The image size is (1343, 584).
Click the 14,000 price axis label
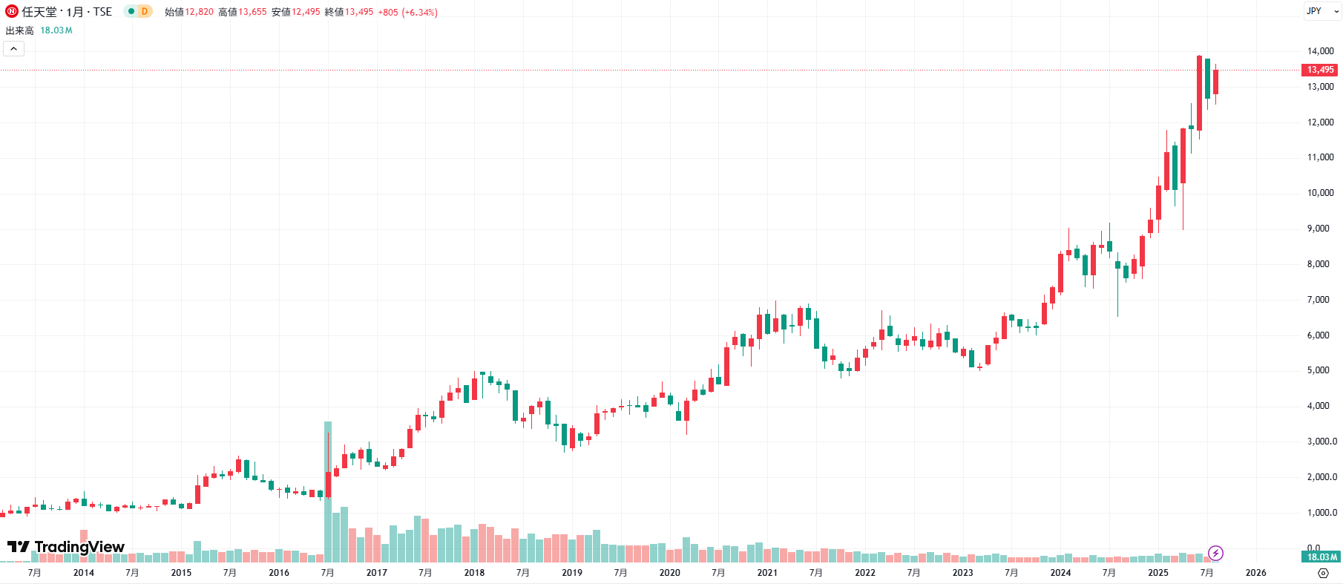[x=1320, y=51]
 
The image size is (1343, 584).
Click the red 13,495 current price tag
[x=1320, y=70]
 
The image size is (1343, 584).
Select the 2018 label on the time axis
[x=474, y=573]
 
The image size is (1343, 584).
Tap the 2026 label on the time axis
[x=1255, y=573]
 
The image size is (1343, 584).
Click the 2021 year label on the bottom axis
[x=767, y=573]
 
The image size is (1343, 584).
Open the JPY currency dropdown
[x=1322, y=11]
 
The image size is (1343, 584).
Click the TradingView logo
[x=66, y=547]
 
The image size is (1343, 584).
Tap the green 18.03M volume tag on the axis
[x=1321, y=557]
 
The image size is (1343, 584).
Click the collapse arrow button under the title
[x=14, y=49]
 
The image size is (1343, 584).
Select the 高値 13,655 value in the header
[x=252, y=12]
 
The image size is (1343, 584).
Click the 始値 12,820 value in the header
[x=199, y=12]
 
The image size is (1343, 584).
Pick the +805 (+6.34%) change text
[x=407, y=12]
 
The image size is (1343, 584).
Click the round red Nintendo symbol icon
[x=12, y=11]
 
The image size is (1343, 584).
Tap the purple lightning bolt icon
[x=1215, y=553]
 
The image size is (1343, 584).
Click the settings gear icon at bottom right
[x=1323, y=573]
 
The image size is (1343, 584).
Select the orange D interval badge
[x=145, y=11]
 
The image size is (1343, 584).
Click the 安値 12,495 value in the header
[x=306, y=12]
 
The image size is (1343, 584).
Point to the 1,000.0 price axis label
[x=1321, y=513]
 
